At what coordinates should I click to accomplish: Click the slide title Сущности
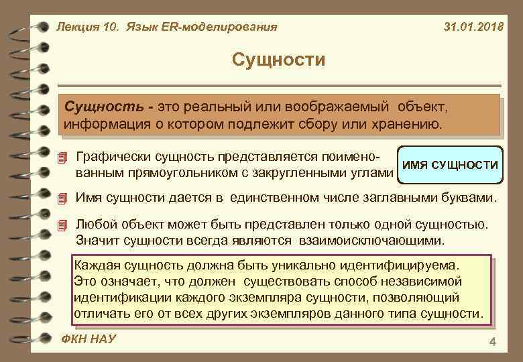coord(278,60)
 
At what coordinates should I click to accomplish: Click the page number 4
coord(493,343)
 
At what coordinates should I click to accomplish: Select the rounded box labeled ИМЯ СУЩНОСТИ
coord(449,165)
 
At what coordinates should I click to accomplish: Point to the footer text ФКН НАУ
coord(88,339)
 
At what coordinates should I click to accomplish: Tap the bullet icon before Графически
coord(63,158)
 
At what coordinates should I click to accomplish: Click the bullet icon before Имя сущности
coord(63,198)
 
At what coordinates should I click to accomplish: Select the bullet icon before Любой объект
coord(63,225)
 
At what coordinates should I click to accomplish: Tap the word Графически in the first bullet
coord(112,157)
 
